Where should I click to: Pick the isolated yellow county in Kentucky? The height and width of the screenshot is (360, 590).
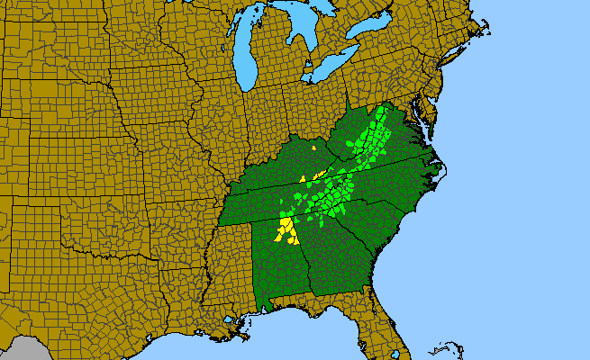(313, 147)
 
